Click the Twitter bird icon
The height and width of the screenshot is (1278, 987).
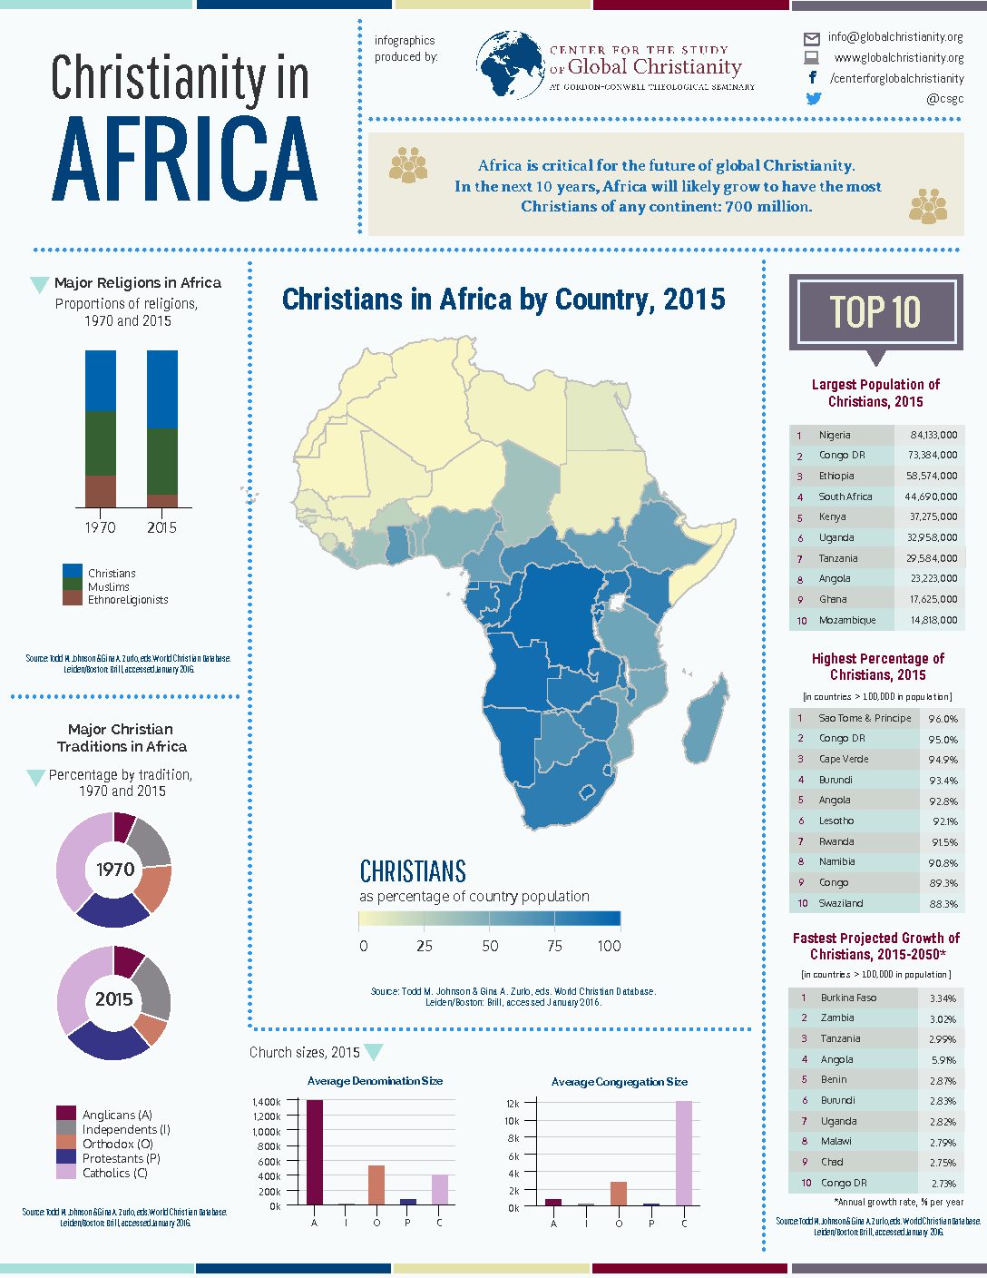click(814, 99)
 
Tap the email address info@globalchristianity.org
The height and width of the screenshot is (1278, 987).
click(894, 37)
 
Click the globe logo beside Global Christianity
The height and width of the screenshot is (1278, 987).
click(510, 65)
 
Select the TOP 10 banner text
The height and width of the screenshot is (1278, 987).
click(875, 312)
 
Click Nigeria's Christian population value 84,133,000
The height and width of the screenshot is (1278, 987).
click(933, 435)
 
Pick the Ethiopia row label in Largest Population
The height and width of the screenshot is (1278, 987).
click(836, 476)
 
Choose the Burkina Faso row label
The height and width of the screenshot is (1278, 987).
click(848, 998)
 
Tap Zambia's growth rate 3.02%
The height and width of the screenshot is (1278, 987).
click(943, 1018)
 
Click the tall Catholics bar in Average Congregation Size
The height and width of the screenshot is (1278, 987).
click(683, 1152)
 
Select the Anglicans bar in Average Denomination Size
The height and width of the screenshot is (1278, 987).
click(315, 1152)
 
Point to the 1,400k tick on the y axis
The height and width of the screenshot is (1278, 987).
click(267, 1101)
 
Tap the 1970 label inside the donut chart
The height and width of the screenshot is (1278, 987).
click(115, 870)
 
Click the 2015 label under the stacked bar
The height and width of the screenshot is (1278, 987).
click(161, 527)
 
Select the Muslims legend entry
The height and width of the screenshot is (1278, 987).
click(108, 587)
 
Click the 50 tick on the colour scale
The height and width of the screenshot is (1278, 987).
click(490, 946)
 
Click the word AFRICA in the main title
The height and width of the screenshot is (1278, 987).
click(185, 160)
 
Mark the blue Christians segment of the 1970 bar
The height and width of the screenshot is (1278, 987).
click(101, 380)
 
